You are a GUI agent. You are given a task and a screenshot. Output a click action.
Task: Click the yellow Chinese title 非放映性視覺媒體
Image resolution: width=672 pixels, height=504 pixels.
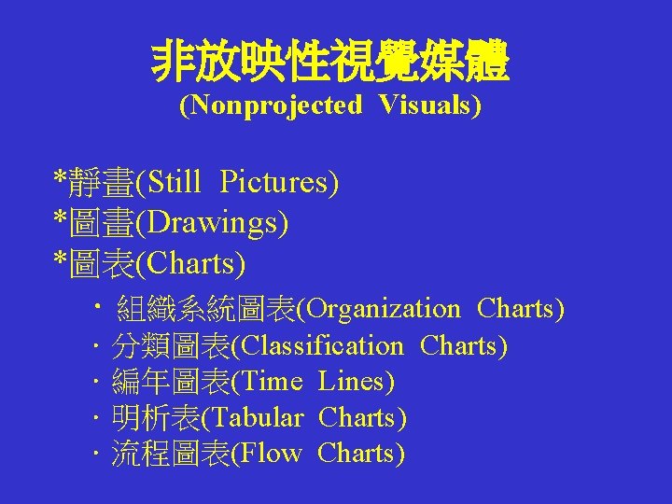pyautogui.click(x=330, y=64)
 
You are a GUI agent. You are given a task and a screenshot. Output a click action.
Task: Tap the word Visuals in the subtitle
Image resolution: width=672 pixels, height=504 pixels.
pyautogui.click(x=428, y=105)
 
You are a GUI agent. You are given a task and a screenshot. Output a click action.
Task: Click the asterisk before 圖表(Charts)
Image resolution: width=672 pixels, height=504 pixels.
pyautogui.click(x=60, y=262)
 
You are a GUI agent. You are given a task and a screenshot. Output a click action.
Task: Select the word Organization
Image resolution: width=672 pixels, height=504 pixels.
pyautogui.click(x=384, y=308)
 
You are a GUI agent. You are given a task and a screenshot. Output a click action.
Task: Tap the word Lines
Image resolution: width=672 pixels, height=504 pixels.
pyautogui.click(x=356, y=382)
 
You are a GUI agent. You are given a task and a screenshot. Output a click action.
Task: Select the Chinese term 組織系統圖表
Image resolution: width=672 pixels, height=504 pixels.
pyautogui.click(x=206, y=308)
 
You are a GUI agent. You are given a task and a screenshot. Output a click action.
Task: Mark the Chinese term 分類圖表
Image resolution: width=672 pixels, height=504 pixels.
pyautogui.click(x=170, y=346)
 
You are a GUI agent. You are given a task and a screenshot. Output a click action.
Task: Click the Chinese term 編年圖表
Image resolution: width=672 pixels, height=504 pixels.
pyautogui.click(x=170, y=382)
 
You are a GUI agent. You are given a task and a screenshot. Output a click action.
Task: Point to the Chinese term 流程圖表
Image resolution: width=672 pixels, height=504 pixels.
pyautogui.click(x=170, y=454)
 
